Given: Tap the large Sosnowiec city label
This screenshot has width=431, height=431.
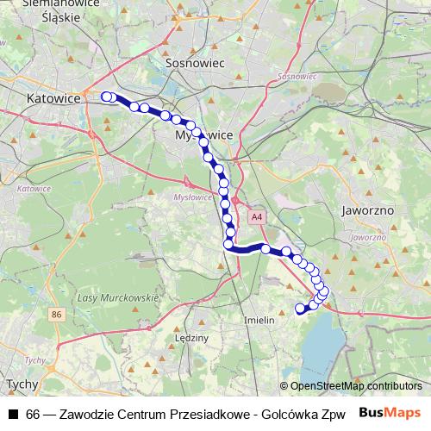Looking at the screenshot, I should click(x=195, y=63).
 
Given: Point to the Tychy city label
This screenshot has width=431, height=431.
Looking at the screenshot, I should click(x=19, y=384).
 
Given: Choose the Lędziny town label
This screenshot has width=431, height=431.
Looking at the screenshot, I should click(x=190, y=339).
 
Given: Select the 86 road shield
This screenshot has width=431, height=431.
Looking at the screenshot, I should click(x=56, y=315).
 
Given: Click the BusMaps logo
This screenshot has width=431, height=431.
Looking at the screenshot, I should click(x=390, y=413).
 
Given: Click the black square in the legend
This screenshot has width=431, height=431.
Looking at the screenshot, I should click(x=13, y=414).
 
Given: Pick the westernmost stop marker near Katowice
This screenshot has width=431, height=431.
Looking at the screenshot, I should click(x=106, y=97).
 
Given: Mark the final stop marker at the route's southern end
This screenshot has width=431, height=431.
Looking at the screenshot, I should click(x=301, y=309).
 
